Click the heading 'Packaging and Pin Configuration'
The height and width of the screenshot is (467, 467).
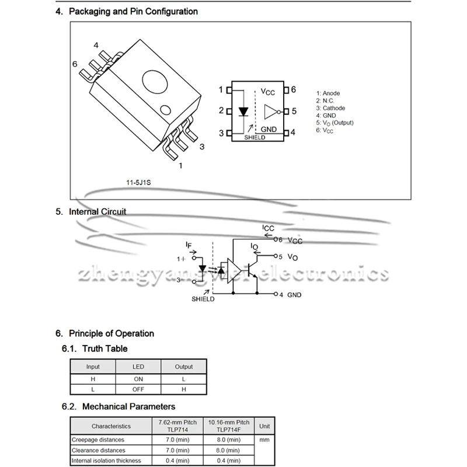[x=133, y=12]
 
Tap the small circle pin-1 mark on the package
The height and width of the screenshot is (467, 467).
[x=166, y=109]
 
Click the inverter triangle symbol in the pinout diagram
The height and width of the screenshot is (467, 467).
[x=271, y=111]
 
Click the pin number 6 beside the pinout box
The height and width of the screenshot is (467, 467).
[x=294, y=89]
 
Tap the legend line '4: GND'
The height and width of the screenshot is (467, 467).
[x=326, y=116]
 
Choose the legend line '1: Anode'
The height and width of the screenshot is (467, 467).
[x=328, y=93]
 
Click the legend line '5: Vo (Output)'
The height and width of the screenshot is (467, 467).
[x=335, y=123]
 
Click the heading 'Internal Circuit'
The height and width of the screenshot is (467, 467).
[x=97, y=212]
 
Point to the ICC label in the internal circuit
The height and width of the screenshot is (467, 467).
[x=268, y=228]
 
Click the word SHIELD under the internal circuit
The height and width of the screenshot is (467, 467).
[x=203, y=299]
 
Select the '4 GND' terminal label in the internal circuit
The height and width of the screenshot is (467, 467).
[x=290, y=295]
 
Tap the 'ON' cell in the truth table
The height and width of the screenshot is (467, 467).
[x=138, y=379]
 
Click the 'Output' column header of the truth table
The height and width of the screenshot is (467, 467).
[x=184, y=367]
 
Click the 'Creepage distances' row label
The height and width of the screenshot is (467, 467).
[x=99, y=440]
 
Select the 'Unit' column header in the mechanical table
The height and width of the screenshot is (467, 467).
[x=265, y=426]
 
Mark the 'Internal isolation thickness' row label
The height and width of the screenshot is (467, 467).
[x=107, y=461]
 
